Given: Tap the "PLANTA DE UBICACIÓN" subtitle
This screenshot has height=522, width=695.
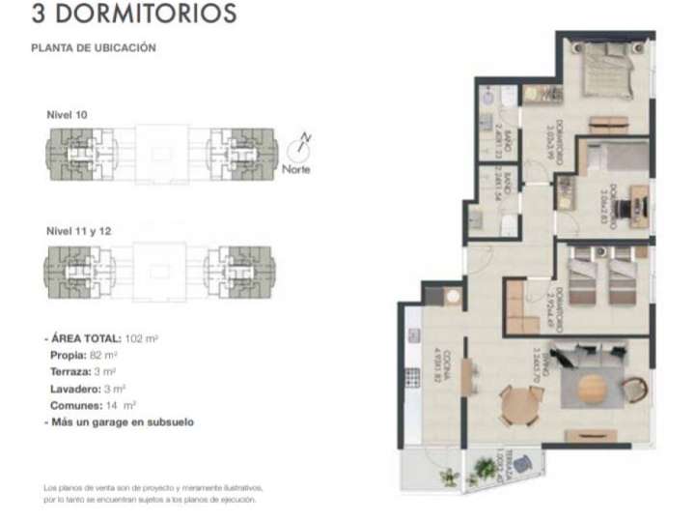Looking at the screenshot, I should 94,47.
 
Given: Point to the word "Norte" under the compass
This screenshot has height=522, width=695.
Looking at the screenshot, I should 296,172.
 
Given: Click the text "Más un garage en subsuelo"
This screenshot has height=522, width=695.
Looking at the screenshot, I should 124,422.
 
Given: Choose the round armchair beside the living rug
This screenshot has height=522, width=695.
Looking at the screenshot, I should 634,389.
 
